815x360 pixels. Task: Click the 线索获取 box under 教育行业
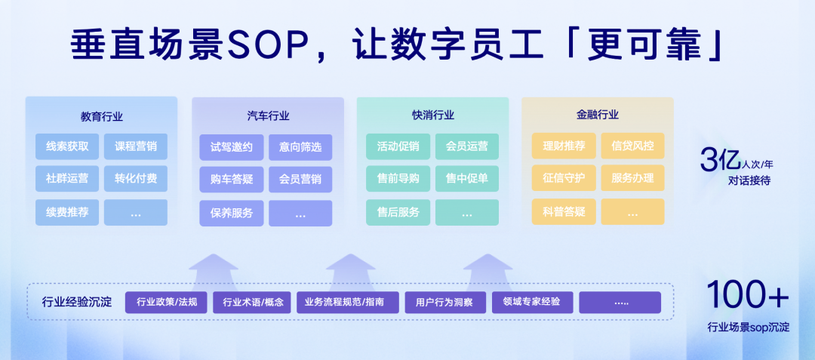tap(67, 146)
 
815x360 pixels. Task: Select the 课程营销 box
tap(136, 146)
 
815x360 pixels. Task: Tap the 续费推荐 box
tap(67, 213)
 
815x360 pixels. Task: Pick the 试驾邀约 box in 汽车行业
tap(232, 147)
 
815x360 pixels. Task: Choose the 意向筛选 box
tap(300, 147)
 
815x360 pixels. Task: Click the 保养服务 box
tap(232, 213)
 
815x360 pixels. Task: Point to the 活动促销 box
tap(398, 146)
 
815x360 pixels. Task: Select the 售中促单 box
tap(467, 179)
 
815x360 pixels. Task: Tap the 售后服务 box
tap(398, 213)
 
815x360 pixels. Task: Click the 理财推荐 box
tap(564, 146)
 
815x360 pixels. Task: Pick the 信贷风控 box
tap(632, 146)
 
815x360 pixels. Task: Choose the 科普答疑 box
tap(564, 212)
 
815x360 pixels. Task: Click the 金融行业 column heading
tap(597, 115)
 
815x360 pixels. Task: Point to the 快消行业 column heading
tap(433, 115)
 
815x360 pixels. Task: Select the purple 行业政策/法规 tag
tap(166, 303)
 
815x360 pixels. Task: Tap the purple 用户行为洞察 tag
tap(445, 303)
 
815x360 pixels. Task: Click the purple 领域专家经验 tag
tap(532, 303)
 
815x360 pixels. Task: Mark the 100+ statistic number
tap(748, 294)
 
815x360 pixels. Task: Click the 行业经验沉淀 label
tap(77, 303)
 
